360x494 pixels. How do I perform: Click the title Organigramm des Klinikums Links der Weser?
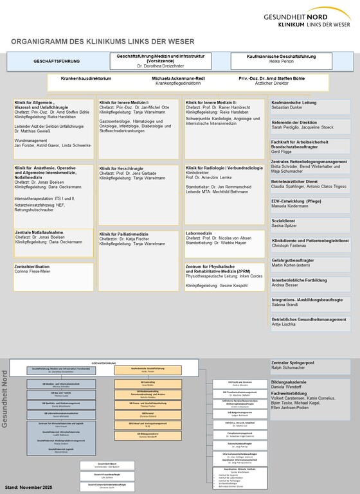coord(103,42)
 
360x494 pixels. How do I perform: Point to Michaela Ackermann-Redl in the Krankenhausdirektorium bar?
coord(177,78)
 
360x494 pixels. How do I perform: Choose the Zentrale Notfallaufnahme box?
coord(51,236)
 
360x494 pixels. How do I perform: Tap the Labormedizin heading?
coord(200,232)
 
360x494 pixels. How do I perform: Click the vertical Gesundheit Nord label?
coord(6,398)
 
